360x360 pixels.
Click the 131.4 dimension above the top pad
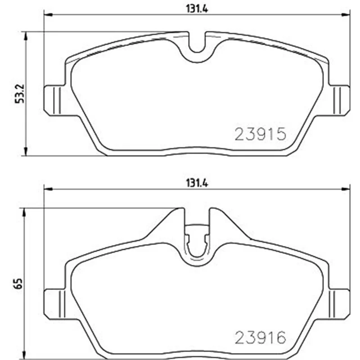pyautogui.click(x=197, y=9)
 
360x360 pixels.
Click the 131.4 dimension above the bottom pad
pyautogui.click(x=197, y=184)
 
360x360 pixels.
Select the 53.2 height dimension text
pyautogui.click(x=20, y=94)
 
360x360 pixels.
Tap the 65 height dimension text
pyautogui.click(x=18, y=283)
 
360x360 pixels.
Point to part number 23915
pyautogui.click(x=261, y=134)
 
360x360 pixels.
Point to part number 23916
pyautogui.click(x=261, y=338)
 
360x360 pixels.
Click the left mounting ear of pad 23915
pyautogui.click(x=54, y=100)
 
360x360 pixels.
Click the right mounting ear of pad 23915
pyautogui.click(x=340, y=100)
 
